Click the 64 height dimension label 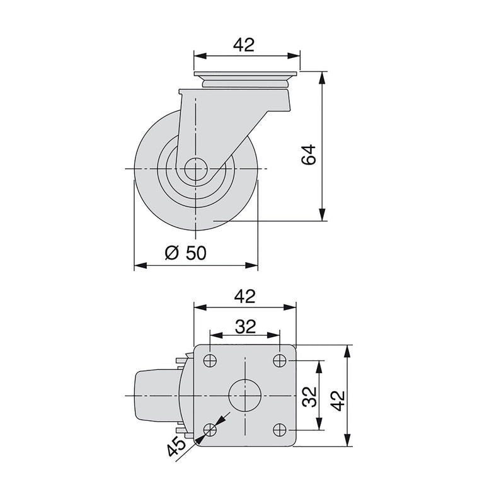[308, 154]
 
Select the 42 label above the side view [244, 45]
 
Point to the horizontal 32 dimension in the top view [244, 326]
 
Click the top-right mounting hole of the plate [280, 361]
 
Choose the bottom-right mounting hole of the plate [280, 430]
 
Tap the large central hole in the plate [244, 396]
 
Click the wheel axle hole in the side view [197, 169]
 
